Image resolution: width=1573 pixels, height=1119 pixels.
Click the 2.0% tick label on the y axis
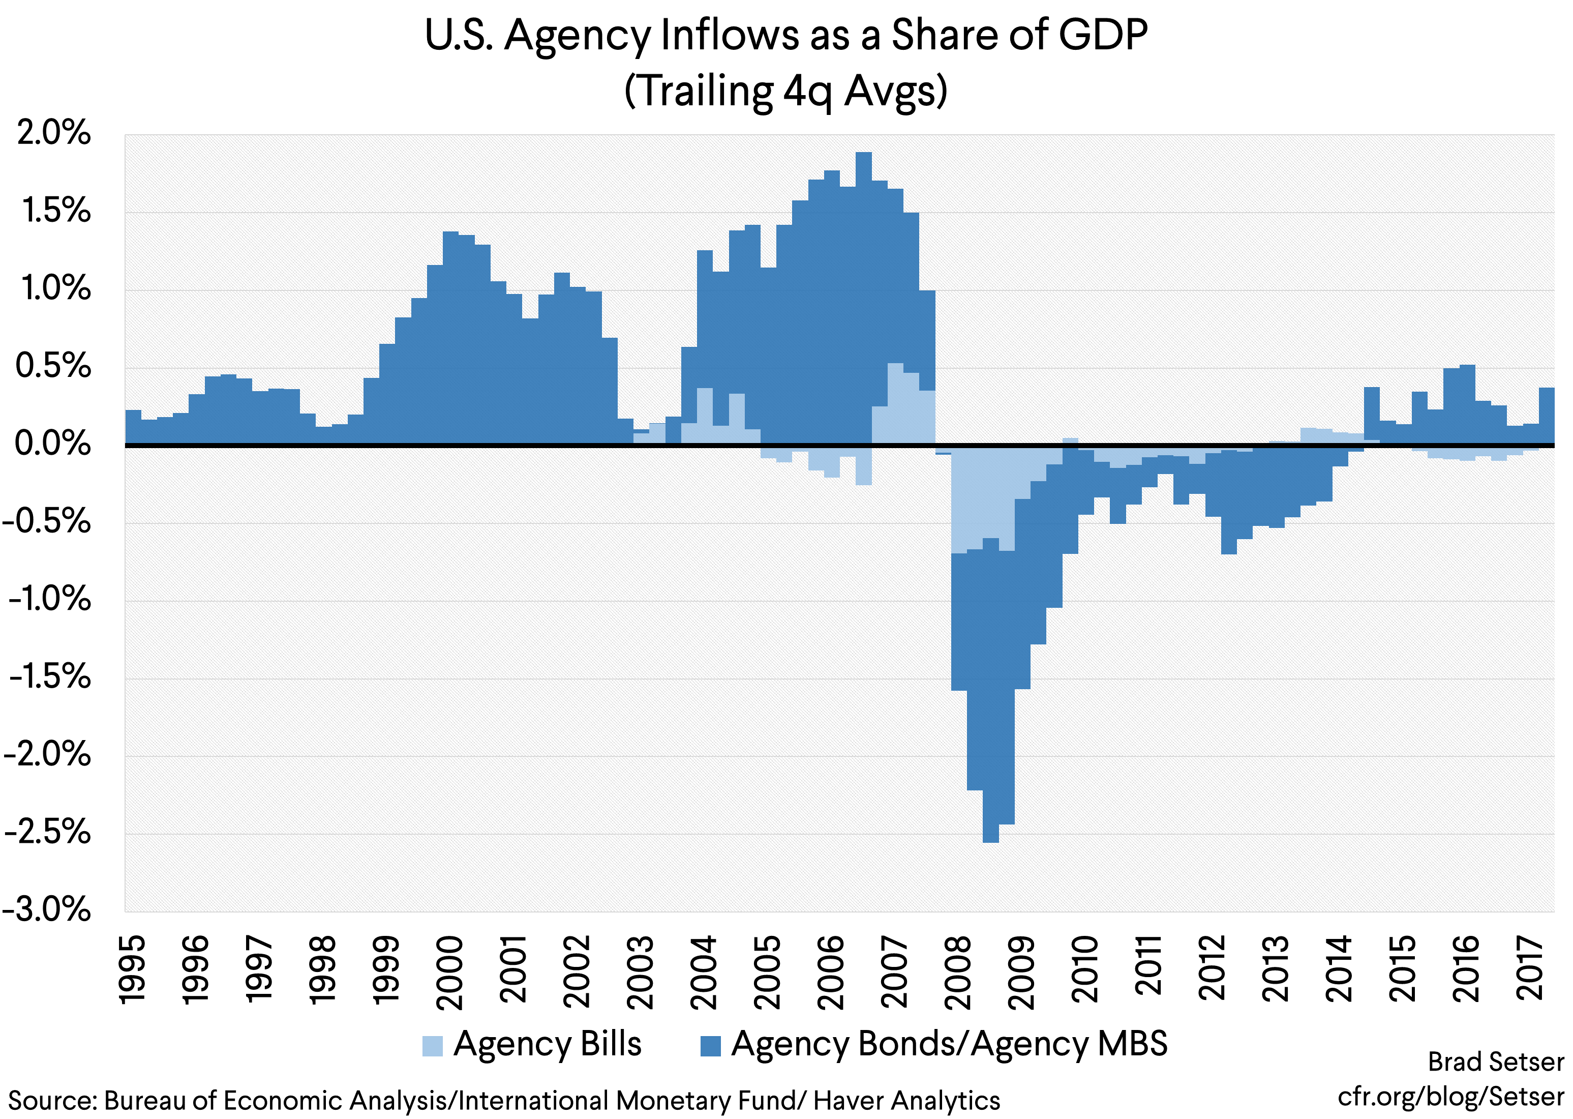click(x=54, y=132)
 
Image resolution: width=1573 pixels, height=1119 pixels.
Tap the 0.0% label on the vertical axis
click(x=52, y=443)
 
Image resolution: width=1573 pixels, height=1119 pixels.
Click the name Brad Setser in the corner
click(x=1495, y=1062)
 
